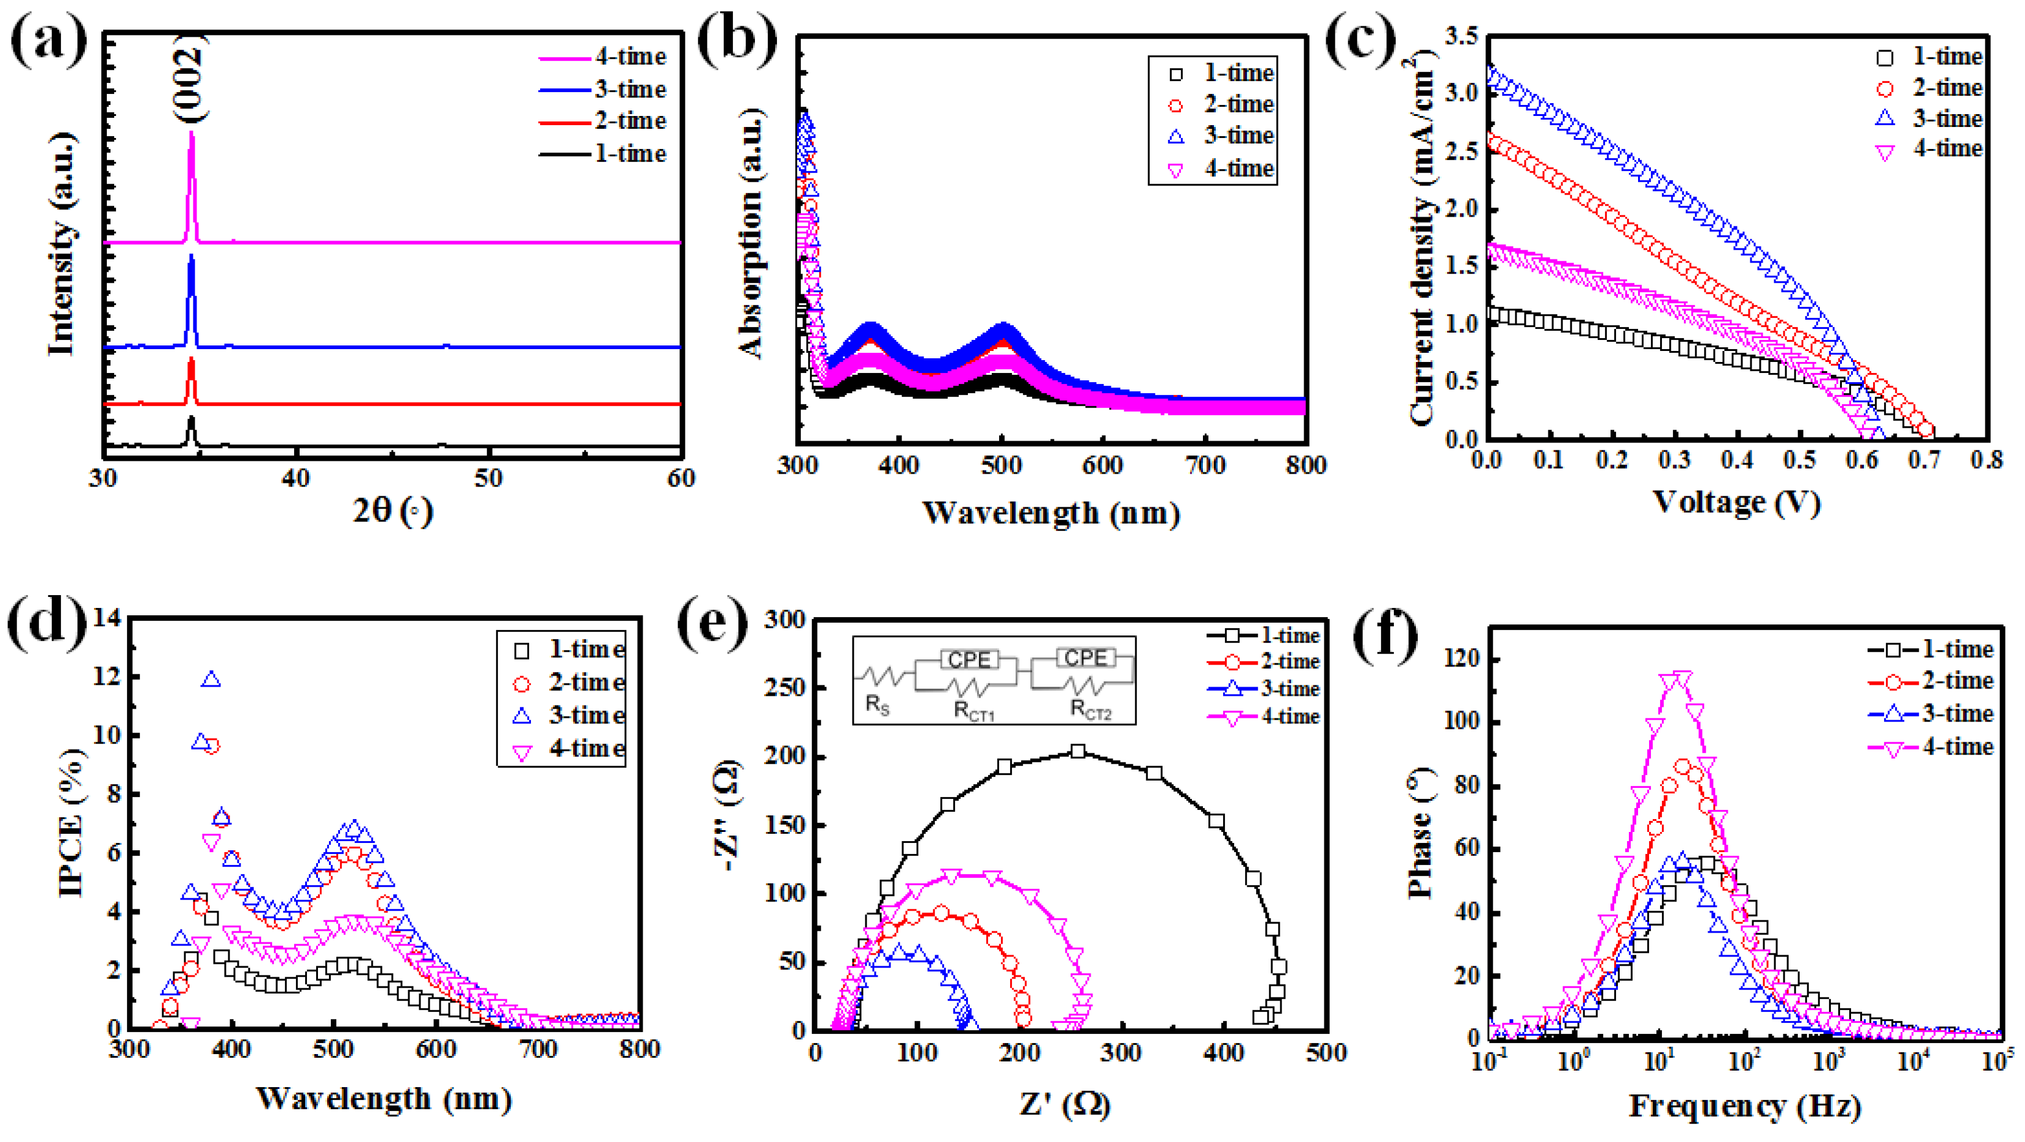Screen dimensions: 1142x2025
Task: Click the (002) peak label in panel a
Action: click(x=189, y=79)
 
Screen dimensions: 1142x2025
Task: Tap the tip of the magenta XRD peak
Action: click(x=191, y=134)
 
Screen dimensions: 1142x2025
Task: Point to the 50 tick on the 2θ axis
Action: click(x=488, y=479)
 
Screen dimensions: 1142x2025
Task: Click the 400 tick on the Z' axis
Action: click(x=1224, y=1053)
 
